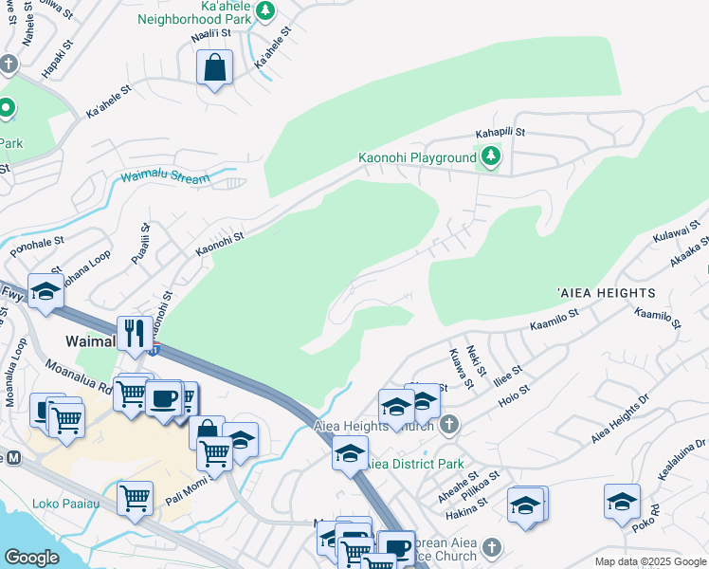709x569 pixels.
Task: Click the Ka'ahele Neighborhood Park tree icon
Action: click(x=266, y=10)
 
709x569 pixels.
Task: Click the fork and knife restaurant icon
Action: click(x=134, y=333)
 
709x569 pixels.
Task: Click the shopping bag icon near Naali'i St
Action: click(x=215, y=68)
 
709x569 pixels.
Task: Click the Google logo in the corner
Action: click(x=31, y=558)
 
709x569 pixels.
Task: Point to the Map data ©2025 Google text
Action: click(x=649, y=561)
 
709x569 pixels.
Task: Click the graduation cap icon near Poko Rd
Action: click(x=623, y=502)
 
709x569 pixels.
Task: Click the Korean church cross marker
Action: click(x=490, y=547)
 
